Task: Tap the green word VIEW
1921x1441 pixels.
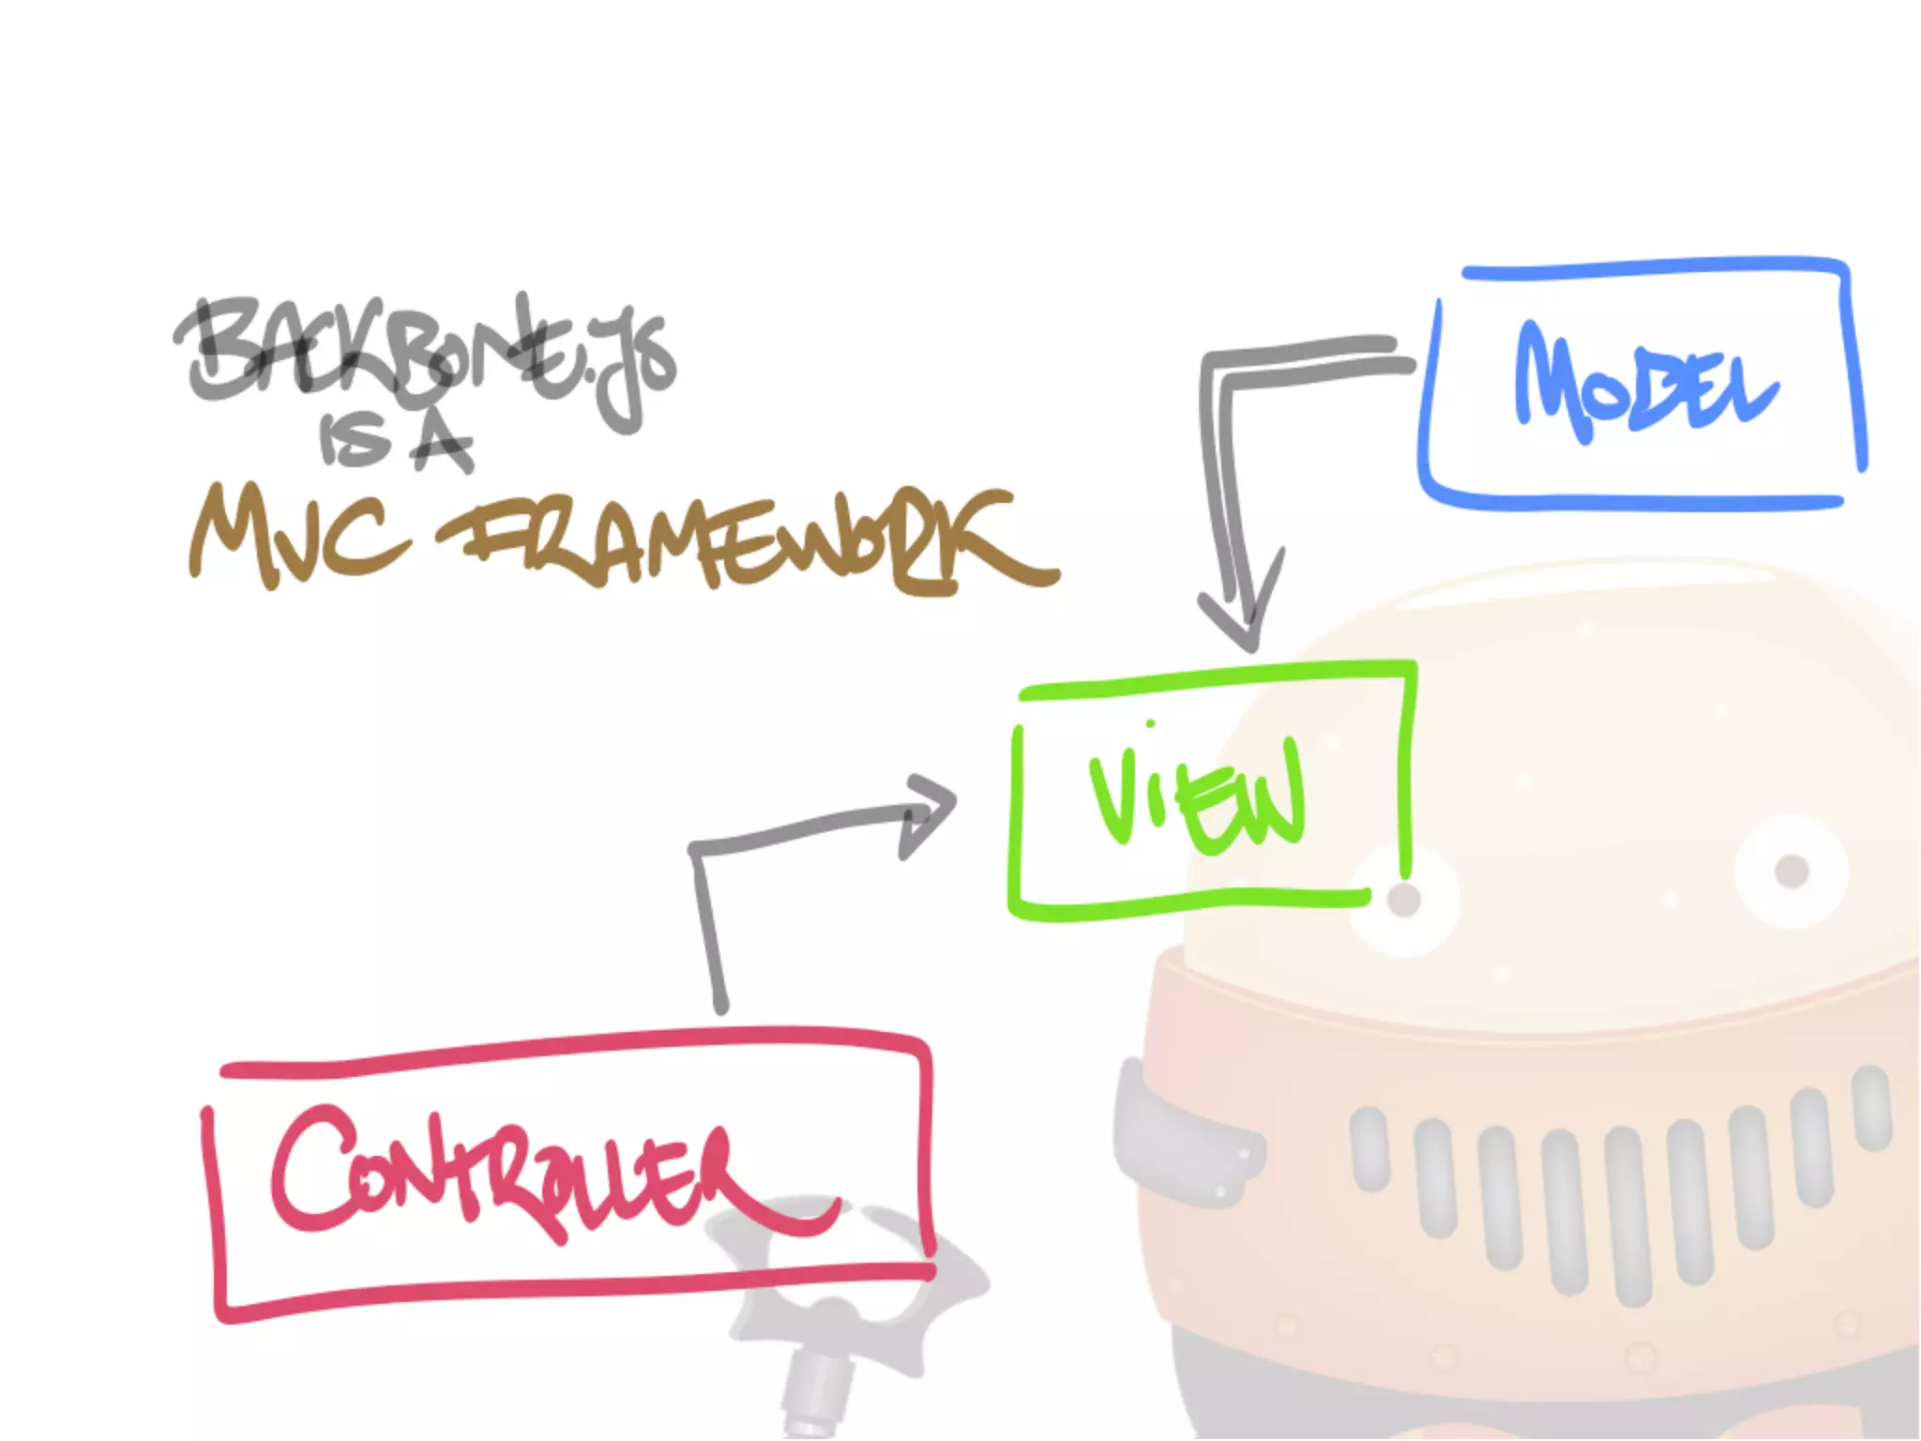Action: point(1197,797)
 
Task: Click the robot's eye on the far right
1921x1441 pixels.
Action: point(1792,871)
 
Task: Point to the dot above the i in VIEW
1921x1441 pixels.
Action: point(1150,723)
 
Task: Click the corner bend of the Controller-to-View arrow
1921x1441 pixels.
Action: point(696,849)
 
